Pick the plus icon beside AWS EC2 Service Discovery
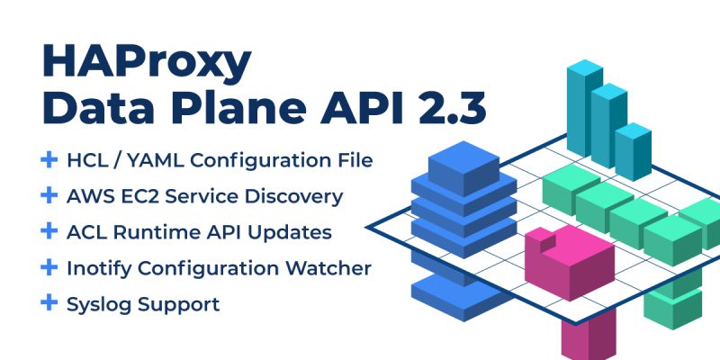[x=49, y=195]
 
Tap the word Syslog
[x=99, y=304]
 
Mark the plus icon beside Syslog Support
[x=49, y=303]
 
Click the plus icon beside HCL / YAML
[x=49, y=159]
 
